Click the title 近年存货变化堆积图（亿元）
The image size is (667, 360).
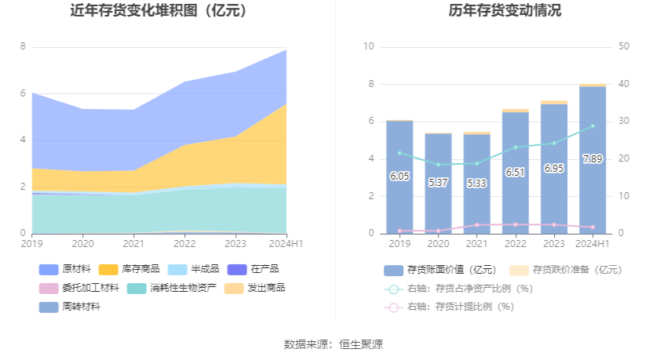(159, 11)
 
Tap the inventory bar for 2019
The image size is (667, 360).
(399, 176)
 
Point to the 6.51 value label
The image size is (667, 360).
(516, 172)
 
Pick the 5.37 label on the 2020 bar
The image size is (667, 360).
(438, 182)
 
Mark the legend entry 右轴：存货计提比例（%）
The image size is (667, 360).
(458, 307)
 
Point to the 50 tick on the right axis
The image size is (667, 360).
(625, 46)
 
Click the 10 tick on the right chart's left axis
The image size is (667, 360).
(369, 46)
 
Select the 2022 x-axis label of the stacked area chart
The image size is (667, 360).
(185, 244)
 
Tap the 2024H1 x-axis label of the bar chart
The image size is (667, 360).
(592, 244)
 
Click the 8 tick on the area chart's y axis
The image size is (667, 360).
(23, 46)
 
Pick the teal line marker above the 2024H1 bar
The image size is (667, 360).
(592, 126)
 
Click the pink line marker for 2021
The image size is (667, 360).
(477, 225)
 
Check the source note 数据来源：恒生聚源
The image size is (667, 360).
(333, 344)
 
